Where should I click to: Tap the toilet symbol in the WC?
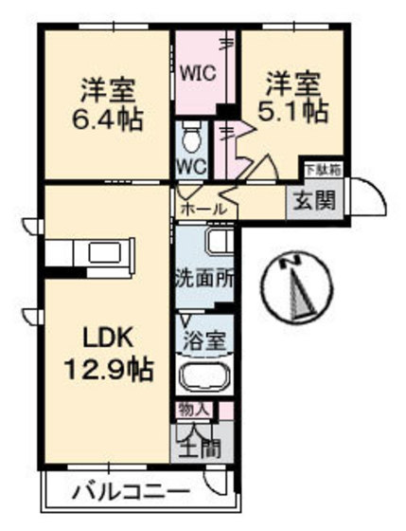tap(192, 137)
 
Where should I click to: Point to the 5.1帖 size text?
tap(294, 111)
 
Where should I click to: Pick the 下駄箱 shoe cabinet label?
tap(321, 171)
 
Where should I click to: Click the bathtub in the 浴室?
tap(204, 379)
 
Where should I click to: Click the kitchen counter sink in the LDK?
tap(97, 253)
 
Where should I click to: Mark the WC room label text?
tap(192, 163)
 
